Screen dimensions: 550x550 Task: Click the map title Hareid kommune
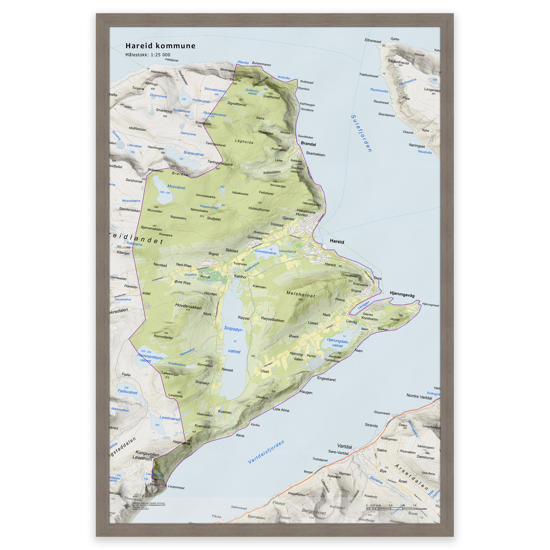pos(160,46)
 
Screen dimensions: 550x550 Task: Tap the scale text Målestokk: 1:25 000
pos(148,55)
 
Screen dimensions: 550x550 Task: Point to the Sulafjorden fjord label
pos(361,133)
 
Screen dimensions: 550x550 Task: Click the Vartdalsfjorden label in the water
pos(266,452)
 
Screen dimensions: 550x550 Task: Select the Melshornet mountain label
pos(301,294)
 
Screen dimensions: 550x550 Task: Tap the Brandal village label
pos(308,144)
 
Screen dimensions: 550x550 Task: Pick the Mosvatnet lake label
pos(176,187)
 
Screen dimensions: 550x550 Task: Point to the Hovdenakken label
pos(188,306)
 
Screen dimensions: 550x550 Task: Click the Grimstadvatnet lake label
pos(265,252)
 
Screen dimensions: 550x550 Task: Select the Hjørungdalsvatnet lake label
pos(338,343)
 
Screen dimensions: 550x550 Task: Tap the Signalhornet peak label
pos(237,104)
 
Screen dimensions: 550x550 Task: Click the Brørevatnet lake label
pos(194,153)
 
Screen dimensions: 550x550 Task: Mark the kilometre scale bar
pos(390,508)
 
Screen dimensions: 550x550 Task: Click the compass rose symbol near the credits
pos(127,506)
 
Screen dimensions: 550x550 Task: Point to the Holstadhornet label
pos(259,209)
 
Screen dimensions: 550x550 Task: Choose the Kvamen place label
pos(225,412)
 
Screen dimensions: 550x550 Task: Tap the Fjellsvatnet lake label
pos(127,392)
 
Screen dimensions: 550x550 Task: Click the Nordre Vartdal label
pos(419,397)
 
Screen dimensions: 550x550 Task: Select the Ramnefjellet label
pos(163,337)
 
